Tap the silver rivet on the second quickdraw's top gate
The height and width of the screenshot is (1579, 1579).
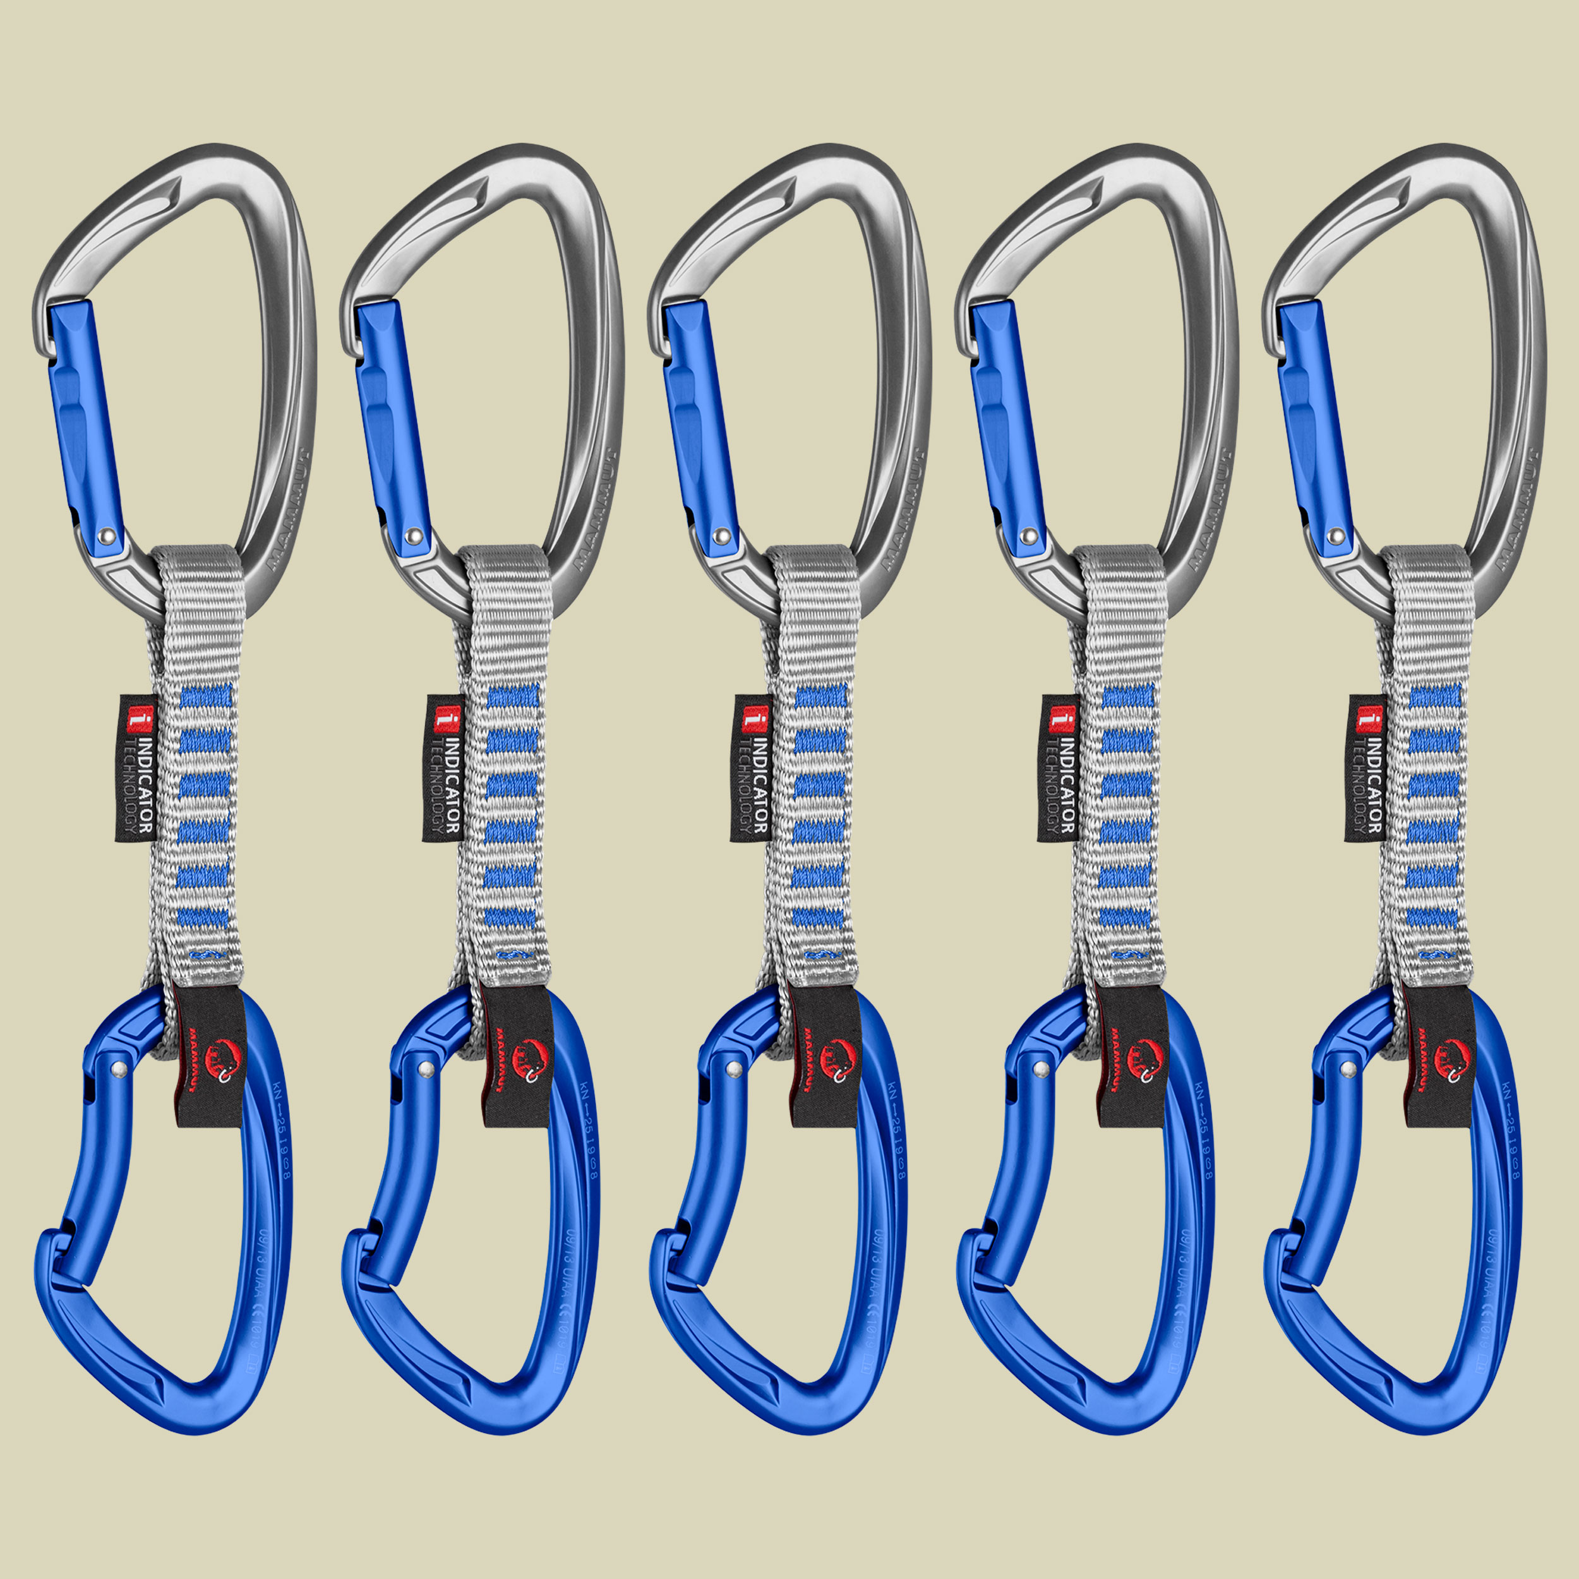(415, 536)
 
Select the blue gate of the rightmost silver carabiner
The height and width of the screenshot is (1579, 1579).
(1312, 425)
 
